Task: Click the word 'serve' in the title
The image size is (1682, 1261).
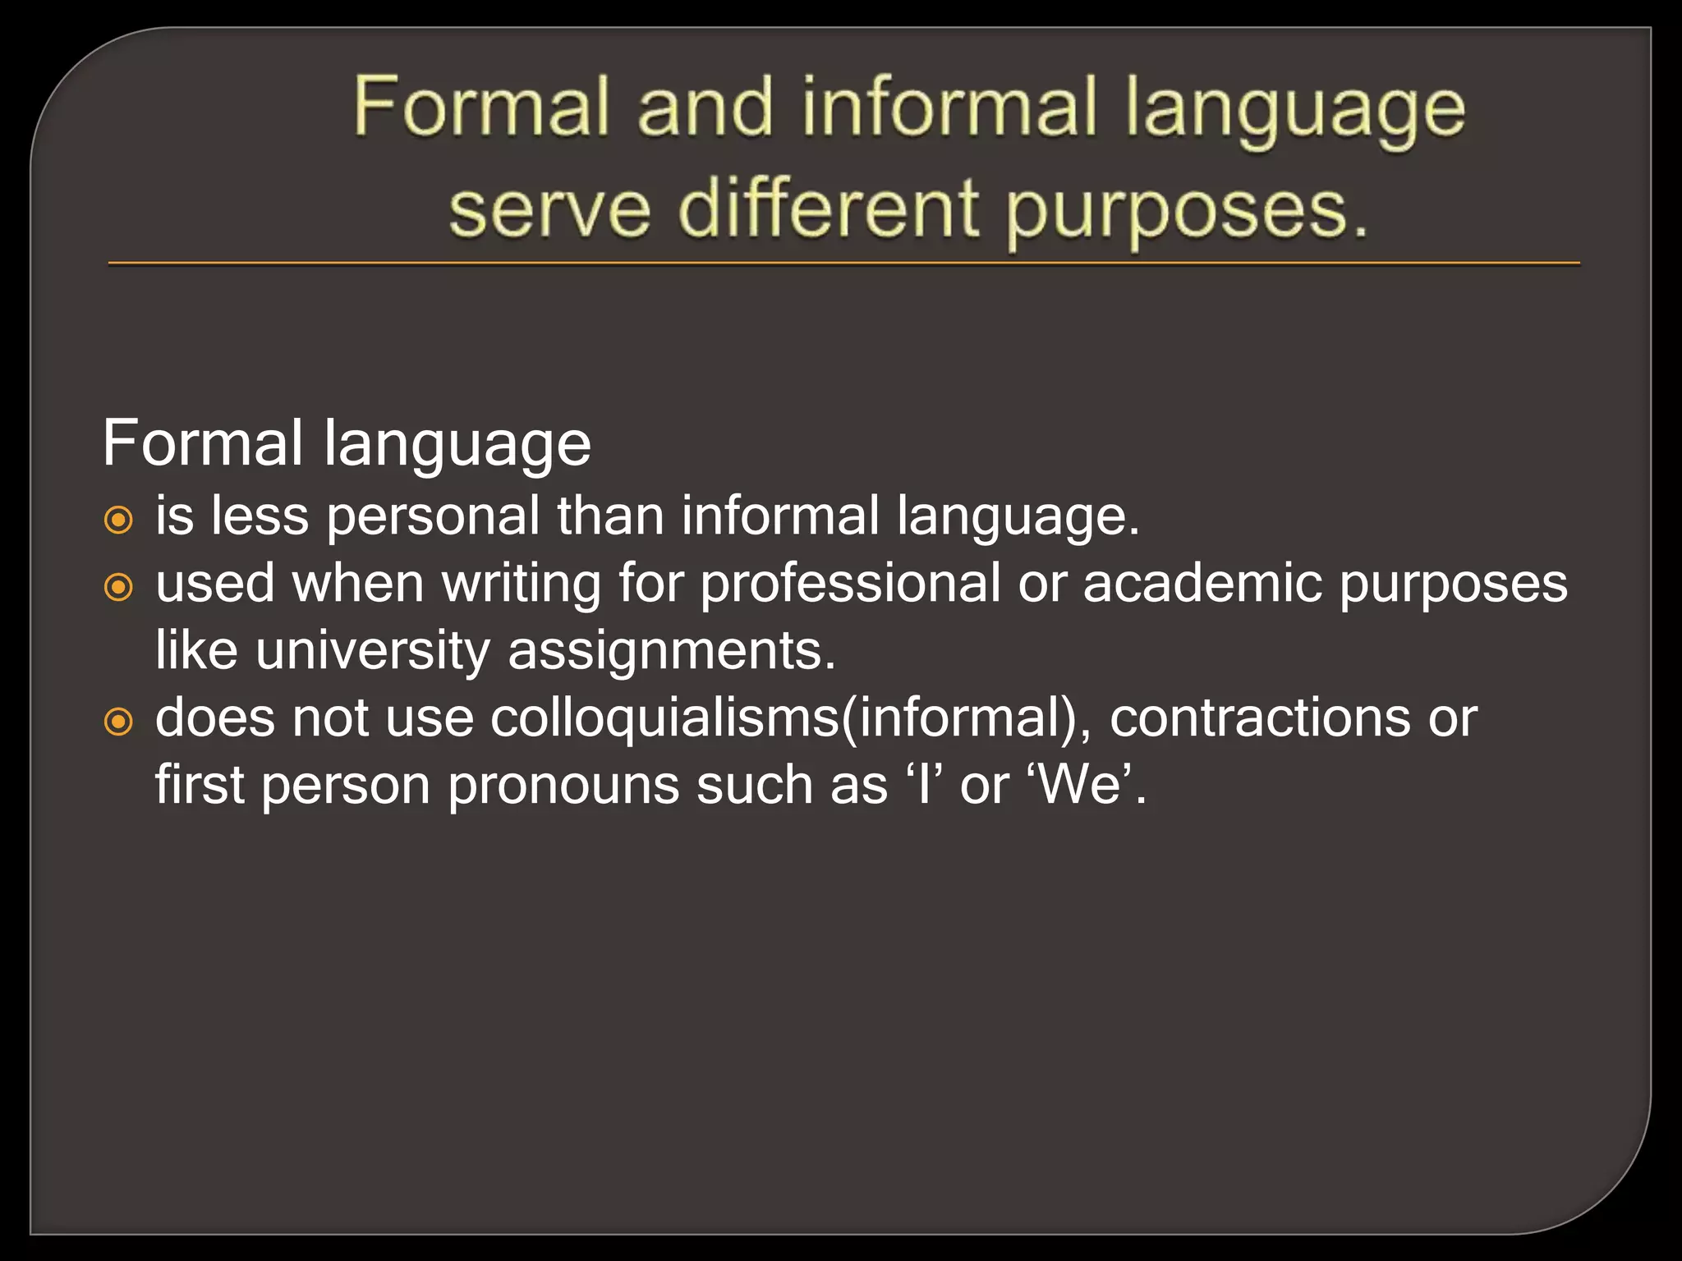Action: (549, 210)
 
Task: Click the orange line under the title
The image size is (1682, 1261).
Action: (843, 264)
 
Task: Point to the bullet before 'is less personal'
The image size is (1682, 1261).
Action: (119, 520)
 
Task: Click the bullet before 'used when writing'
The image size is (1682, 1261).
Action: (119, 587)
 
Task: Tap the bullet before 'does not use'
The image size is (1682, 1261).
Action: (119, 722)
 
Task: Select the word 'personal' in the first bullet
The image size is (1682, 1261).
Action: (434, 518)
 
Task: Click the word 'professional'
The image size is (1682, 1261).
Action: (850, 585)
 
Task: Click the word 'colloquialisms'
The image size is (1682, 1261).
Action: (665, 718)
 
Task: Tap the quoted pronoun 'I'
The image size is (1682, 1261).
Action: (926, 785)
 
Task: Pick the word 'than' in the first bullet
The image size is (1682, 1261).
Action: (610, 517)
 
